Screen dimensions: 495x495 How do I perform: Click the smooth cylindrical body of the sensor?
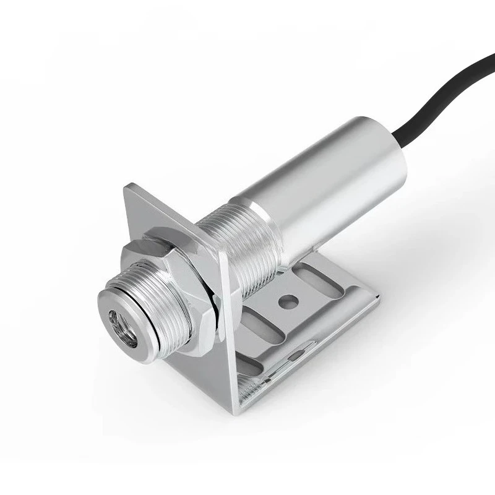(322, 179)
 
